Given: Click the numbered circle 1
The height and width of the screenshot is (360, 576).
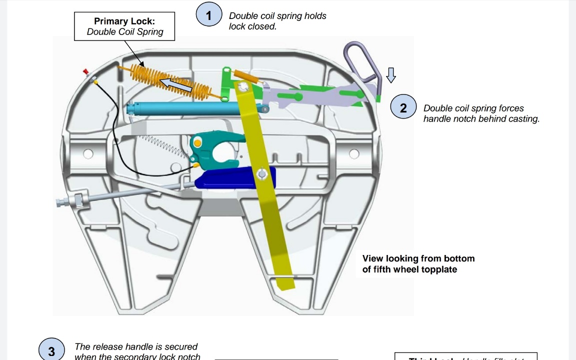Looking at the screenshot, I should click(208, 15).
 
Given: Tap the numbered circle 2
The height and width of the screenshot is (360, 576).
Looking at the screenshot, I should click(403, 108).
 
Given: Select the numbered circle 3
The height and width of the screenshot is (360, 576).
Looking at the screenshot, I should click(51, 351).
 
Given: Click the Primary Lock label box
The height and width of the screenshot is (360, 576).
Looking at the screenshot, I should click(125, 26).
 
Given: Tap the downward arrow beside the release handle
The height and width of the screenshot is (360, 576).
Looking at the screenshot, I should click(391, 75).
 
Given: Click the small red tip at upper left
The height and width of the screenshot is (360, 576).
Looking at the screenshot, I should click(86, 72).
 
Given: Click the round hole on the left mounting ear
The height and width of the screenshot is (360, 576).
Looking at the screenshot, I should click(88, 153).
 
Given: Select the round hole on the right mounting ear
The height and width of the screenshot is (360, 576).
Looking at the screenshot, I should click(354, 153).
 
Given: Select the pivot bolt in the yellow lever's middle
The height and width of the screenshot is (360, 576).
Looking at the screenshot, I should click(261, 174).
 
